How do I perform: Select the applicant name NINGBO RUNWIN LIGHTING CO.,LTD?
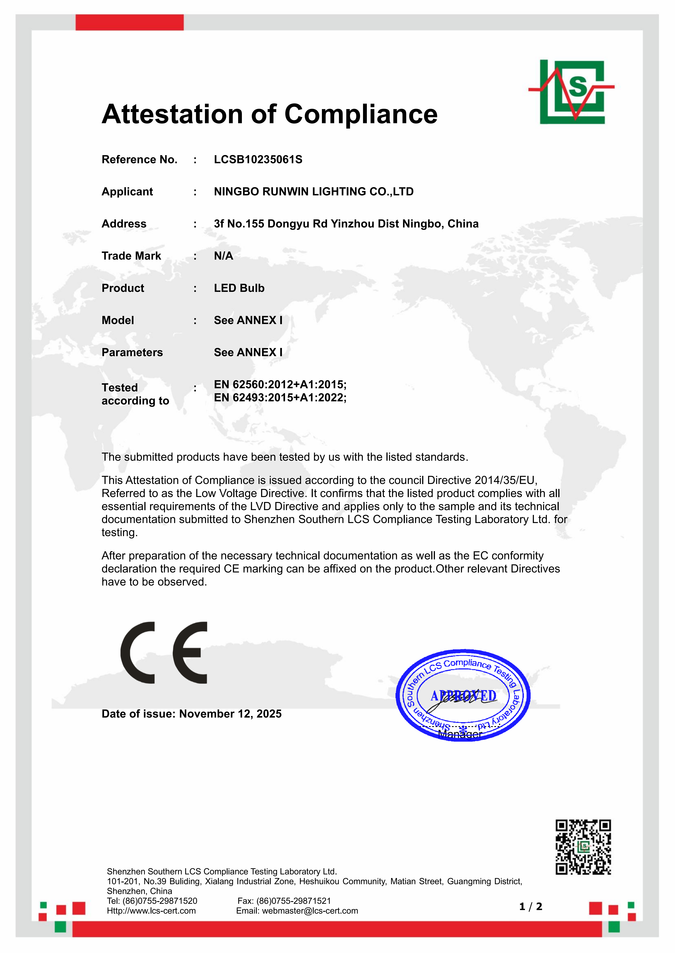click(314, 192)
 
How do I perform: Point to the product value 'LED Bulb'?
click(239, 288)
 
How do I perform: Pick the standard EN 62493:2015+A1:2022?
click(280, 398)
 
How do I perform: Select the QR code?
click(583, 847)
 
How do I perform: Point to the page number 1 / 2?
click(531, 907)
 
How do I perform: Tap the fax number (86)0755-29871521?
click(294, 901)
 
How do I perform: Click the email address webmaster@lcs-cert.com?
click(310, 911)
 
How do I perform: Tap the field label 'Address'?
click(124, 224)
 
